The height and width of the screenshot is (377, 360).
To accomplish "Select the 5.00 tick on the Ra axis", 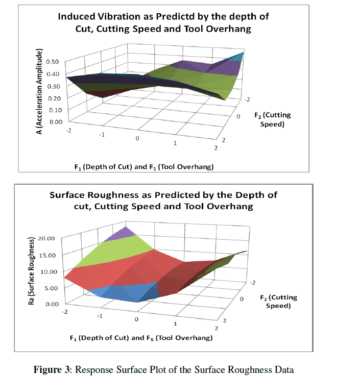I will click(x=53, y=288).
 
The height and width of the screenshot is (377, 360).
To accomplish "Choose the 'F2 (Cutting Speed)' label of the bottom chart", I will click(x=278, y=301).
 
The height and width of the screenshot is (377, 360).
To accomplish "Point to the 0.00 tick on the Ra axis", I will click(x=53, y=304).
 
